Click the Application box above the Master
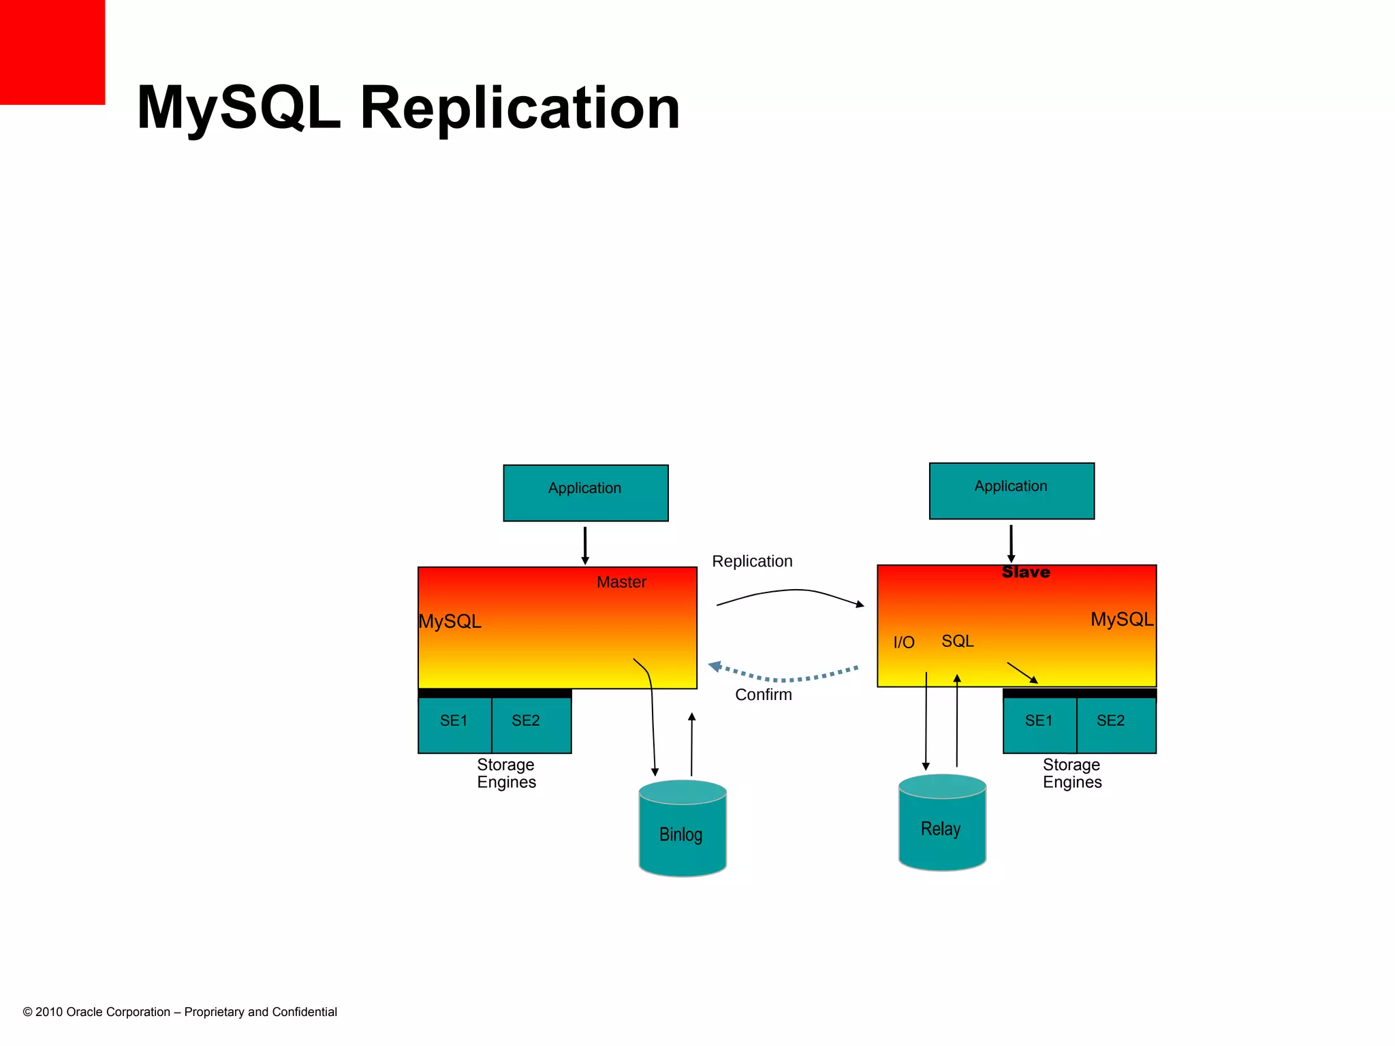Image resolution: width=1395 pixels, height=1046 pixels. click(x=585, y=493)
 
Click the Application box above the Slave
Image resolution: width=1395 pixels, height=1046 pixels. click(x=1012, y=491)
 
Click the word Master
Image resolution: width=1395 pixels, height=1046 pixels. click(x=621, y=582)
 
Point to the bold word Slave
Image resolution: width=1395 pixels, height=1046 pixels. click(x=1026, y=572)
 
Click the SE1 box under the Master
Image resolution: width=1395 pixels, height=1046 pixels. click(x=454, y=723)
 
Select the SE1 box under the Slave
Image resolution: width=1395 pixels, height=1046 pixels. click(x=1039, y=723)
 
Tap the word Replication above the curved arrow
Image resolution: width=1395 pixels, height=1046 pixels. click(x=752, y=561)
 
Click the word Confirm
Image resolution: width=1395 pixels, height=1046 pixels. click(x=763, y=695)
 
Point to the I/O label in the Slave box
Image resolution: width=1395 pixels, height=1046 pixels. click(x=903, y=642)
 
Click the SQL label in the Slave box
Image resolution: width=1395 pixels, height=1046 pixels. click(x=957, y=641)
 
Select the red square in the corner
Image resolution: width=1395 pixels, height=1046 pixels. click(x=52, y=52)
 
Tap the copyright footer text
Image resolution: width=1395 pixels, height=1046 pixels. click(x=180, y=1012)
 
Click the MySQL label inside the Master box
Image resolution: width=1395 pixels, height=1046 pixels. click(x=450, y=621)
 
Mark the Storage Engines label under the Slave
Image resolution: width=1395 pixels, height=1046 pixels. click(x=1071, y=773)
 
